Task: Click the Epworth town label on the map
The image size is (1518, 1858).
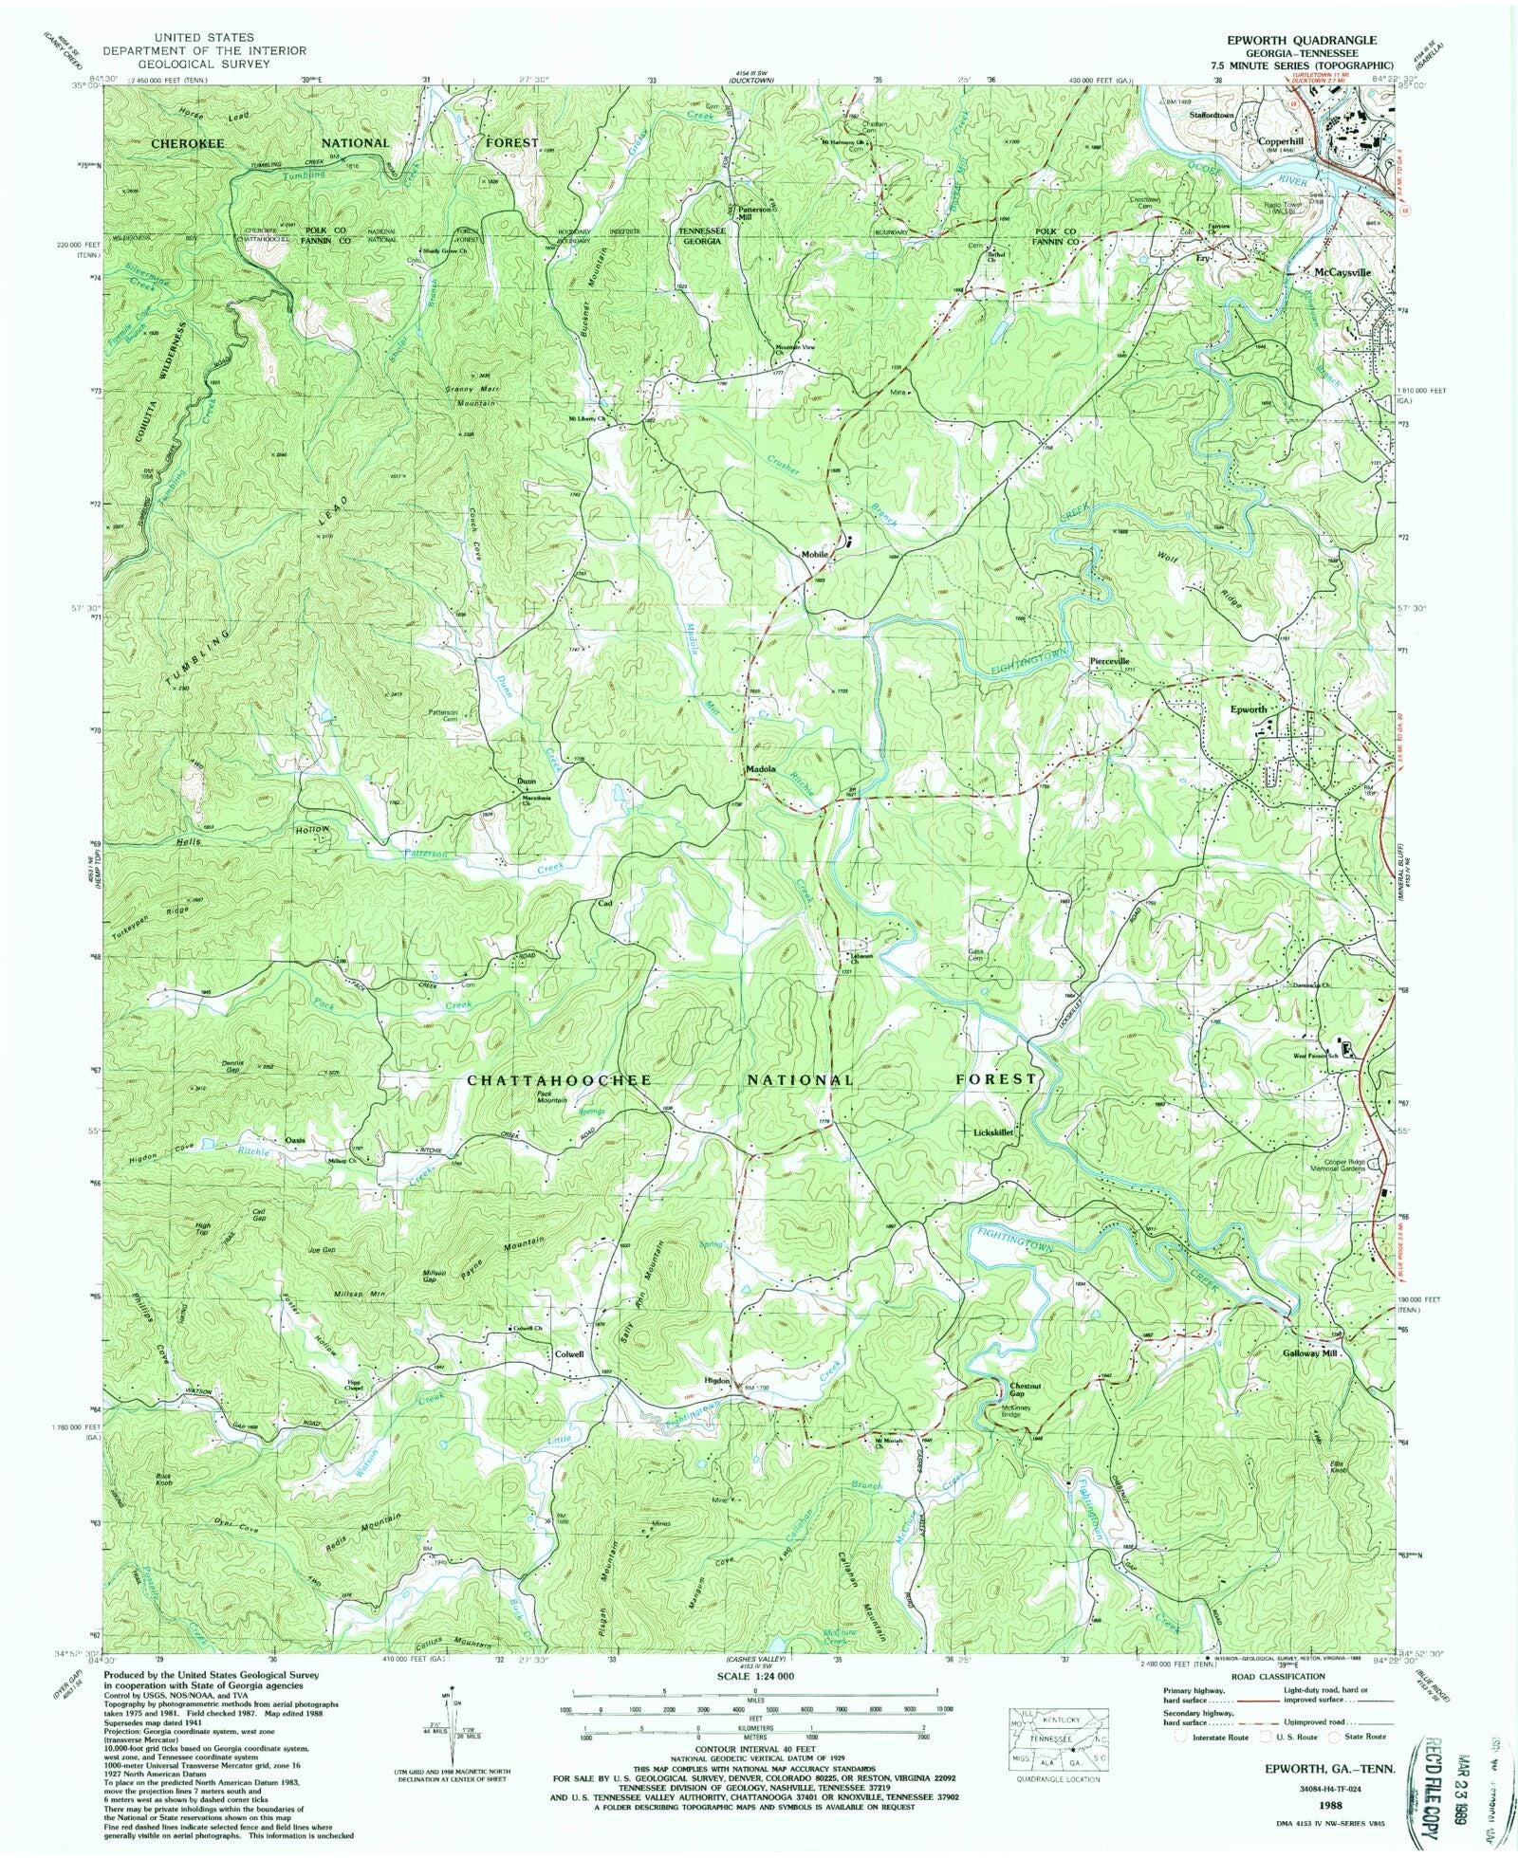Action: pos(1248,709)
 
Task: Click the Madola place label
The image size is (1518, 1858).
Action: pos(763,770)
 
